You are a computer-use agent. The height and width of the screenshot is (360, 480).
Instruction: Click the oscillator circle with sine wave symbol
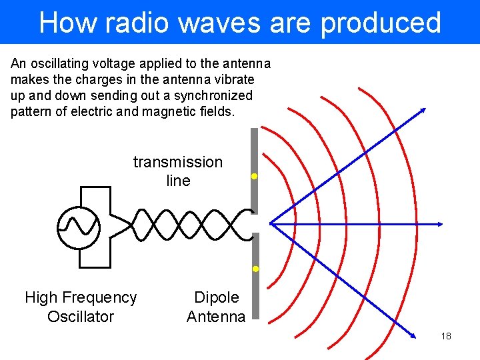click(x=79, y=227)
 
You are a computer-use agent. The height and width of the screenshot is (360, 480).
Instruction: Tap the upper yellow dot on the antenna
click(x=254, y=177)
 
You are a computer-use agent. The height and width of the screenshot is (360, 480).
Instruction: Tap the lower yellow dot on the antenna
click(x=255, y=269)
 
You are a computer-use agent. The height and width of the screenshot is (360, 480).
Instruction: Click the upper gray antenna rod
click(x=253, y=167)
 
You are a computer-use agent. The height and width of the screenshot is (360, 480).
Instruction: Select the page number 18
click(x=446, y=336)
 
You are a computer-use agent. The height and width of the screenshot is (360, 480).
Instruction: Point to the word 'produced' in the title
click(x=381, y=23)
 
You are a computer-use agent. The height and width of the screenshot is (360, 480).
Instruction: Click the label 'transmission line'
click(x=178, y=171)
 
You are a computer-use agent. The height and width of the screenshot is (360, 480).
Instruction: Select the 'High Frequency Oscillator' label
click(x=81, y=307)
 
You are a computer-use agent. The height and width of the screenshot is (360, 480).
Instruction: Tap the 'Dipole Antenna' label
click(x=216, y=307)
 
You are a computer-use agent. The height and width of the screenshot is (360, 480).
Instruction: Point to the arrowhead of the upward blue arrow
click(x=422, y=111)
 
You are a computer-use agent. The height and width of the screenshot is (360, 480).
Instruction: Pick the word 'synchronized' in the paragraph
click(x=216, y=96)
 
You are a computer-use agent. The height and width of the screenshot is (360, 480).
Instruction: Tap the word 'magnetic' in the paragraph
click(x=170, y=112)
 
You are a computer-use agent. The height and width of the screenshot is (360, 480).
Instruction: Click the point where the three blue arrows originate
click(x=271, y=224)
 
